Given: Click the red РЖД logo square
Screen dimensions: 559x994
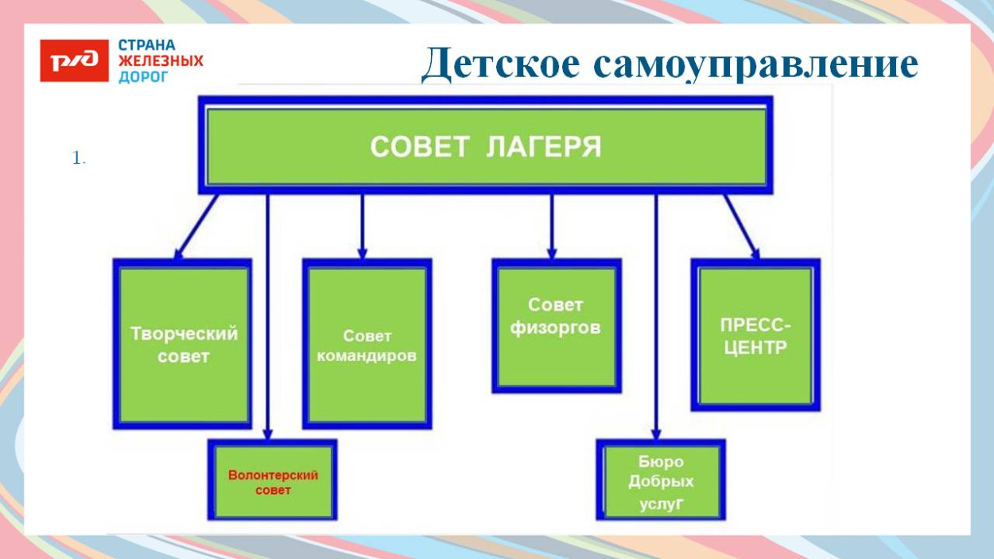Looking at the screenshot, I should [x=74, y=61].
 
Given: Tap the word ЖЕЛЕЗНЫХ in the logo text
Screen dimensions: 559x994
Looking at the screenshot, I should [x=161, y=61].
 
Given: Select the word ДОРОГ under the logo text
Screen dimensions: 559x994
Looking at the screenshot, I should [x=143, y=77].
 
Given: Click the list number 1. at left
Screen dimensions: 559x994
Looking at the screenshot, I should [x=78, y=159].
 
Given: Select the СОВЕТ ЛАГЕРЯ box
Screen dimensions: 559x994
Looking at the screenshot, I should [x=485, y=146].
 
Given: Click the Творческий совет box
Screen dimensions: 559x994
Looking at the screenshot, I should [x=184, y=344].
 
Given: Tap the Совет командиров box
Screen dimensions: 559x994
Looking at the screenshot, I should [x=367, y=344].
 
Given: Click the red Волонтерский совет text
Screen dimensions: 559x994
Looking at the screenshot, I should [x=273, y=482].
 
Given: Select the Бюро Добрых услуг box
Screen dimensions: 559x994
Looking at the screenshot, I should [x=661, y=481].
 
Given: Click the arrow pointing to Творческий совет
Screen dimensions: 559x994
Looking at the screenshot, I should [x=196, y=227].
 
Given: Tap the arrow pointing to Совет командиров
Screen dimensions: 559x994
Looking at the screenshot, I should [x=362, y=227].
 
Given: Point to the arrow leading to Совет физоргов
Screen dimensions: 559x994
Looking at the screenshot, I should [x=551, y=227].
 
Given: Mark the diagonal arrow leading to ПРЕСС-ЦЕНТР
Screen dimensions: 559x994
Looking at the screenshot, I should [x=741, y=227].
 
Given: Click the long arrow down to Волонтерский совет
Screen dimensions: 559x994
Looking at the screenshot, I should [x=268, y=318].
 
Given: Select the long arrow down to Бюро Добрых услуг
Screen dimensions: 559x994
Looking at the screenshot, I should [x=656, y=318].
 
